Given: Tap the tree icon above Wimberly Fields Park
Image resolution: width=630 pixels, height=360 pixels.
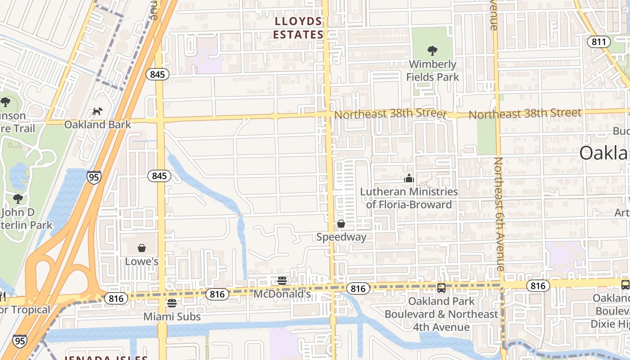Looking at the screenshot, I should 432,50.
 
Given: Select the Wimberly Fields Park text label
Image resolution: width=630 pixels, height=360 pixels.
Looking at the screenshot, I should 432,71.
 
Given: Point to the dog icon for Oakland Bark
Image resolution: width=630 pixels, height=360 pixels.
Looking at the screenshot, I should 97,111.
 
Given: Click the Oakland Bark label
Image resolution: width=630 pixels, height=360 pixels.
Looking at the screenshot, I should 98,124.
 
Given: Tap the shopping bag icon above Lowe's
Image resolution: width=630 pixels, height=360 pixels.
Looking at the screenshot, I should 142,248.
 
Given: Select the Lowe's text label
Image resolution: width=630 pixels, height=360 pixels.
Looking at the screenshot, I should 142,261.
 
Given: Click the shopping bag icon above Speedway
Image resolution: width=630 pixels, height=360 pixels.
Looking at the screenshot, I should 341,224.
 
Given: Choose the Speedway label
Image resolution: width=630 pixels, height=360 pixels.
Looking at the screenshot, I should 341,237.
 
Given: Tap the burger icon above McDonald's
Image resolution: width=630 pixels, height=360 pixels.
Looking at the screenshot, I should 282,281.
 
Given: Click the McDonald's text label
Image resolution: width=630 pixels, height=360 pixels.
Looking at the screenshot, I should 282,294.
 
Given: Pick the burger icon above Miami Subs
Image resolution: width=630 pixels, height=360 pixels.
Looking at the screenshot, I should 171,303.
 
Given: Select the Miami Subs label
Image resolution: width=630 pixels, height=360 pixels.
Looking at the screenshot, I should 172,317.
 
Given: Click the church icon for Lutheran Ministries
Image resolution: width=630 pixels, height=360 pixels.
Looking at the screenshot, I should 409,179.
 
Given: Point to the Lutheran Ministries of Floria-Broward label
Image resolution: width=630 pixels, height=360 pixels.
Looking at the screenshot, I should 409,198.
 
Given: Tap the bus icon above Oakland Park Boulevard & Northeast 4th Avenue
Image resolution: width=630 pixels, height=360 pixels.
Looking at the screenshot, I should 441,288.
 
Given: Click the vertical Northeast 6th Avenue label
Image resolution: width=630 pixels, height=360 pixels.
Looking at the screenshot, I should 499,214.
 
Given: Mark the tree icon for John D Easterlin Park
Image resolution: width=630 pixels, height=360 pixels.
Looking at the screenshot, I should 18,198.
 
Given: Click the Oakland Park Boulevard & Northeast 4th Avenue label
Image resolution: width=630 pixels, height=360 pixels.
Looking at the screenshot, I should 441,314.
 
